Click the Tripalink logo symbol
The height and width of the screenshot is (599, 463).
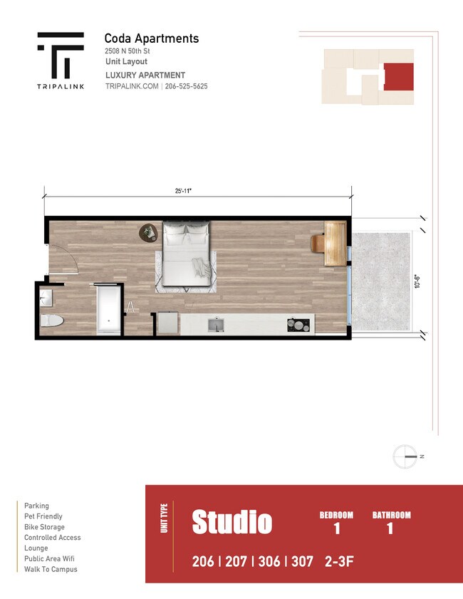point(61,55)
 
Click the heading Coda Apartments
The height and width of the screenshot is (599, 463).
point(151,38)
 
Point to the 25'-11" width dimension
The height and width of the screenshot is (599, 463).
point(184,191)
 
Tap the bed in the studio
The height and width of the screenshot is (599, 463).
point(187,256)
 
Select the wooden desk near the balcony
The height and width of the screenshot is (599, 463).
point(334,243)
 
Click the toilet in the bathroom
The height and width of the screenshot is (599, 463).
point(51,321)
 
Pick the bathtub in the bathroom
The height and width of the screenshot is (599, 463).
point(108,309)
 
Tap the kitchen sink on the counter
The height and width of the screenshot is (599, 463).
point(217,325)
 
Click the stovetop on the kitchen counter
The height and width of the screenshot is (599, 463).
point(299,325)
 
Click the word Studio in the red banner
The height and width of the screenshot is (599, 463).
point(231,522)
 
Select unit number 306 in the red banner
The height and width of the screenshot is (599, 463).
point(267,561)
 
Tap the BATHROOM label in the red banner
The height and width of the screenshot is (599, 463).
point(391,515)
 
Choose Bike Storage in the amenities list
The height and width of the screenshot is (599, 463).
point(44,527)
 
